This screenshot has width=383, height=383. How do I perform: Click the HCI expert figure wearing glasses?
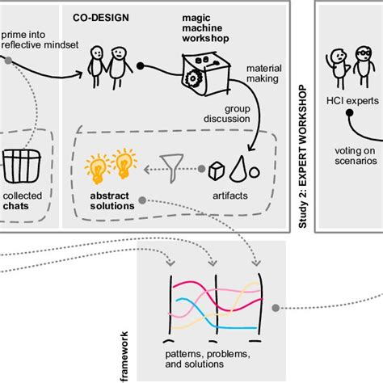click(361, 66)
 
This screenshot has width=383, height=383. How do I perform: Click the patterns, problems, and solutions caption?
click(214, 360)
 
